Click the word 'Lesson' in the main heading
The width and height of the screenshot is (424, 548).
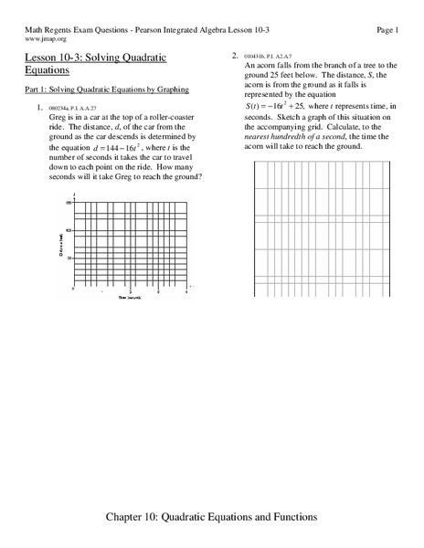pos(38,58)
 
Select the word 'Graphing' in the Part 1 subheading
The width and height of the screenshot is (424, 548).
pos(168,90)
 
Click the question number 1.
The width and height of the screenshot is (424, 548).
pos(39,110)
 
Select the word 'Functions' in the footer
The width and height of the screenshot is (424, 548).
pos(289,516)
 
